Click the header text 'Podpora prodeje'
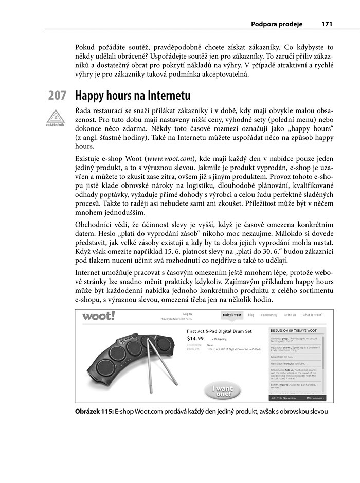(277, 24)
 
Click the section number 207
(57, 96)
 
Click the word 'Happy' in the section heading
(91, 96)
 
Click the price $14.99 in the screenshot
(195, 339)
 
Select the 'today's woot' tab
(232, 314)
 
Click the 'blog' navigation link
(251, 314)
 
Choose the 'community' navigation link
(269, 314)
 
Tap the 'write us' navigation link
(290, 314)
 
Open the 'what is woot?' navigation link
(313, 314)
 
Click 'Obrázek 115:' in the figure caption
(94, 412)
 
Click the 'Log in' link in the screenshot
(187, 314)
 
